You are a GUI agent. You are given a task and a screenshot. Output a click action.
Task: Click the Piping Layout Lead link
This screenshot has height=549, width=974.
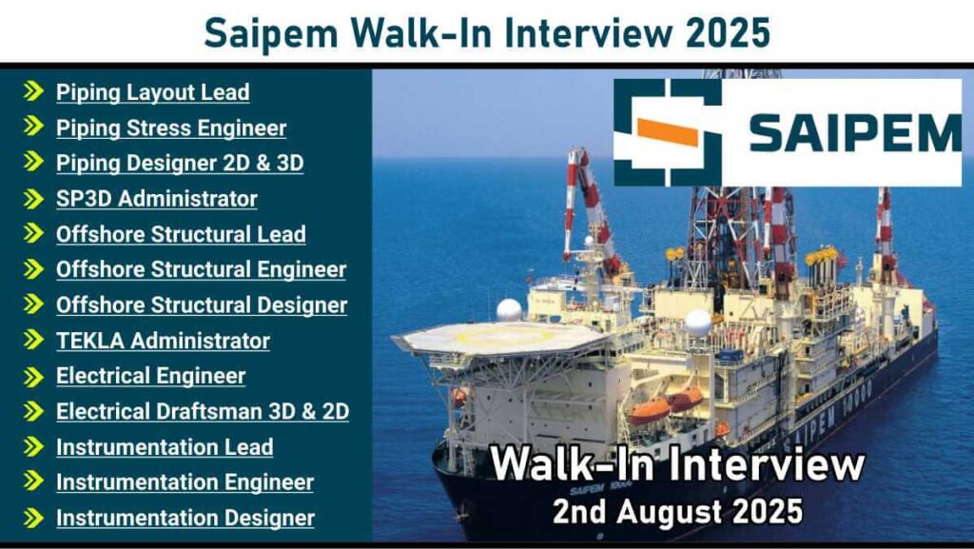pyautogui.click(x=152, y=92)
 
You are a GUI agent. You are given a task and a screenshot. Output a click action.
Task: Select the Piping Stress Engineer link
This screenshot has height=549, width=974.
pyautogui.click(x=170, y=127)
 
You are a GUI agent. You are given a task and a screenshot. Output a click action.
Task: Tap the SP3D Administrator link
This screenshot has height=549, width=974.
pyautogui.click(x=156, y=199)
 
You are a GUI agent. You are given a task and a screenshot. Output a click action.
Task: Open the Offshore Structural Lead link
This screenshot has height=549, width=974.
pyautogui.click(x=181, y=234)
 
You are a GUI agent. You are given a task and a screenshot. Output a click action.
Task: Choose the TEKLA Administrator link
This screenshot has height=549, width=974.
pyautogui.click(x=163, y=341)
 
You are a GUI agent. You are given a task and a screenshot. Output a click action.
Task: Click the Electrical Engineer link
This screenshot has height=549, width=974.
pyautogui.click(x=150, y=376)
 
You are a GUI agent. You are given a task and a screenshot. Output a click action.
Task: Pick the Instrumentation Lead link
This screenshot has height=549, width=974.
pyautogui.click(x=165, y=447)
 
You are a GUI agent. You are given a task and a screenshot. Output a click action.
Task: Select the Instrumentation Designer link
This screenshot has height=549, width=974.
pyautogui.click(x=185, y=518)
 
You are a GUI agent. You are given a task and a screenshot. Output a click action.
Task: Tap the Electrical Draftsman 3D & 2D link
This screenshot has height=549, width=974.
pyautogui.click(x=202, y=411)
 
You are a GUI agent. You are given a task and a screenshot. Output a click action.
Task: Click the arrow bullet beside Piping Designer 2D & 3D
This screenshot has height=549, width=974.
pyautogui.click(x=34, y=163)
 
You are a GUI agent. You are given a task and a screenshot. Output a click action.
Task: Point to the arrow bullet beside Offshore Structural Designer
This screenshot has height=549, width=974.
pyautogui.click(x=34, y=304)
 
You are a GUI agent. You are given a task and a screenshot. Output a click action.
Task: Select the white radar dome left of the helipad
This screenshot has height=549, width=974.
pyautogui.click(x=510, y=309)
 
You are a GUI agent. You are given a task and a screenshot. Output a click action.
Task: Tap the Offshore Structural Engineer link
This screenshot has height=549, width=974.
pyautogui.click(x=201, y=269)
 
